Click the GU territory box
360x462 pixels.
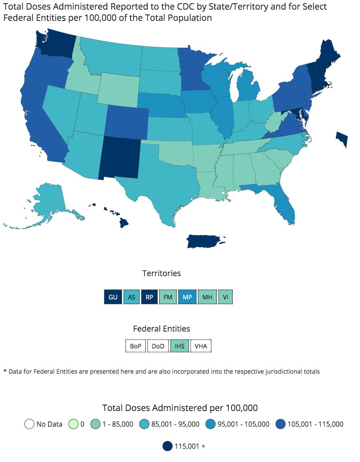tap(113, 297)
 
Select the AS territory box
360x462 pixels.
tap(131, 297)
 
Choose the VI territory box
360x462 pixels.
tap(226, 297)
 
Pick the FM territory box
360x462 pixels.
tap(168, 297)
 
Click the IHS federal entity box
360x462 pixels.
tap(179, 346)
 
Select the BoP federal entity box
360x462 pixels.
tap(136, 346)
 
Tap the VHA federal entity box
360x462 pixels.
tap(201, 346)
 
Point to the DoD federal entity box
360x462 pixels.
tap(158, 346)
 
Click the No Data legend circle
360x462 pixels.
tap(29, 424)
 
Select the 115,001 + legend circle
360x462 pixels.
tap(167, 446)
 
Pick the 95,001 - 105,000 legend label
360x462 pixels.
tap(243, 424)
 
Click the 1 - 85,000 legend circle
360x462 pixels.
tap(95, 424)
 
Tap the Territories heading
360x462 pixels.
tap(161, 273)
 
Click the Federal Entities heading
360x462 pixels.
tap(161, 329)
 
